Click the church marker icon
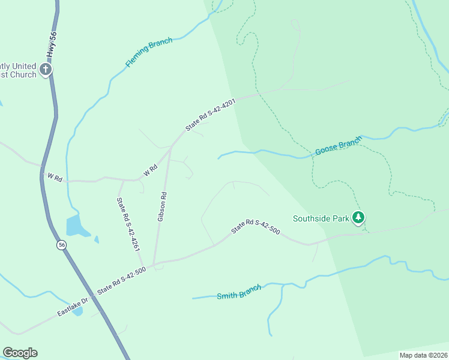tap(46, 70)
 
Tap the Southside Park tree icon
tap(358, 217)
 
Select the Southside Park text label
tap(321, 218)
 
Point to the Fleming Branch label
tap(149, 52)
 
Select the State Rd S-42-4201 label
tap(209, 115)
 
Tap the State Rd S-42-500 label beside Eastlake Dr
tap(122, 281)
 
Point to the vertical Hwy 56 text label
tap(52, 46)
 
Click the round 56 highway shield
tap(61, 245)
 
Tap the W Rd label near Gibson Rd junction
tap(150, 170)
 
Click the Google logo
tap(20, 353)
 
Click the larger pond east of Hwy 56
tap(74, 225)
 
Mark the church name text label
tap(18, 70)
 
